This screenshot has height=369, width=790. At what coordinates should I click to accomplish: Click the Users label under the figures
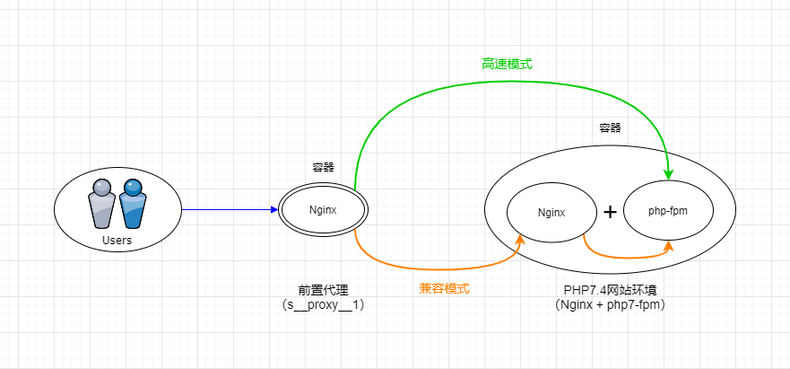(x=117, y=241)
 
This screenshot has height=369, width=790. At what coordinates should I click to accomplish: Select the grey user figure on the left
(x=103, y=206)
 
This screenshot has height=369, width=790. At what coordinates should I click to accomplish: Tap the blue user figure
(x=133, y=206)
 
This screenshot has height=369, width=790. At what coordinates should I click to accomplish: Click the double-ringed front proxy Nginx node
(x=322, y=211)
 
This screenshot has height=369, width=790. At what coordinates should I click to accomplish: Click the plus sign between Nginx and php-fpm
(x=610, y=212)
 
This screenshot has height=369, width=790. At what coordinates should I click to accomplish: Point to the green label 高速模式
(x=508, y=65)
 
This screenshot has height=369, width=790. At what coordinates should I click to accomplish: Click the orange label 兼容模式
(x=444, y=288)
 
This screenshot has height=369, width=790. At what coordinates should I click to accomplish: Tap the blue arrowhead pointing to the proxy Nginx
(x=274, y=210)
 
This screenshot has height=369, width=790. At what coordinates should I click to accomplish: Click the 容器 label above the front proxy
(x=323, y=167)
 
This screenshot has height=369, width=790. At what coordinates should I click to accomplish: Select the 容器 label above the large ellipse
(x=610, y=127)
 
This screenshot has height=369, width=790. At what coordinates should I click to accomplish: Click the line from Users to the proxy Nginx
(x=224, y=210)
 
